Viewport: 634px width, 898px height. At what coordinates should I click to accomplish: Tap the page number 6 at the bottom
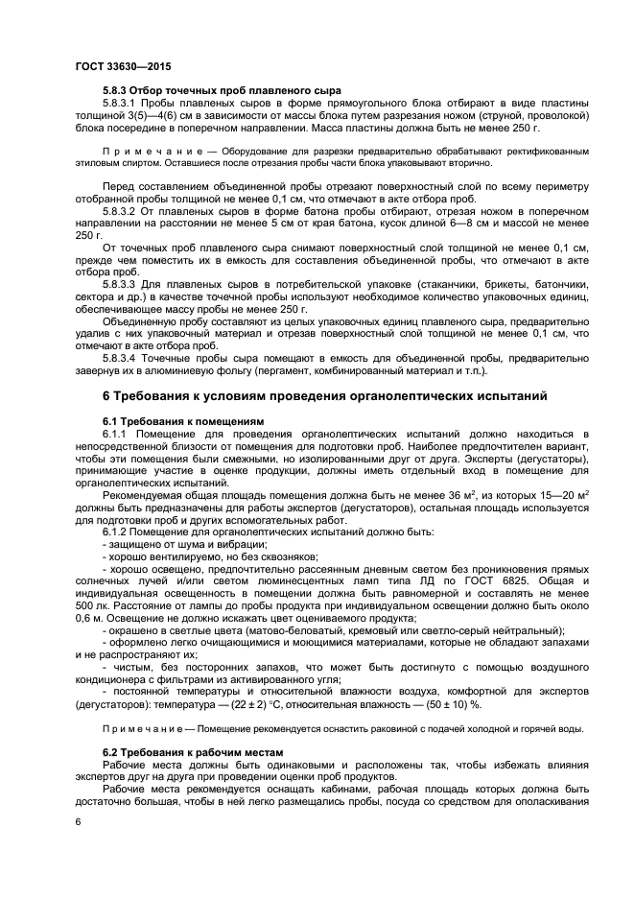click(79, 822)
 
